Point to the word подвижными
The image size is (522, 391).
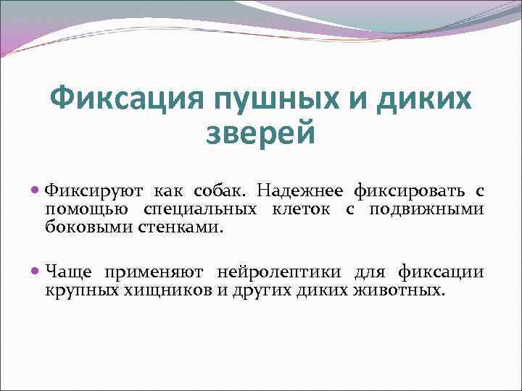426,209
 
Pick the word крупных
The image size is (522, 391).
77,291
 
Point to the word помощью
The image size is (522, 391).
86,210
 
